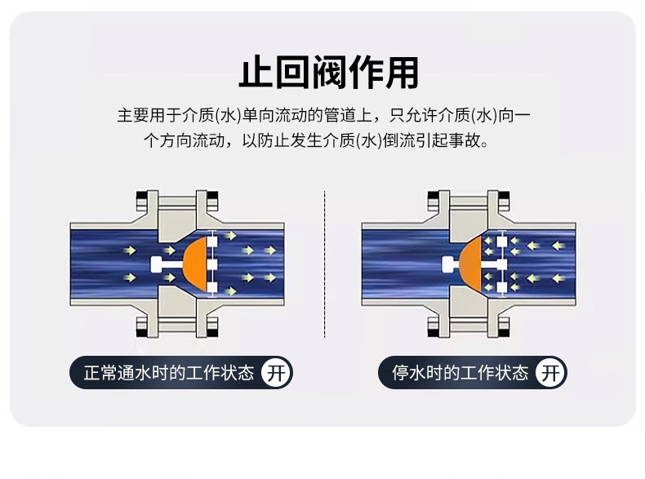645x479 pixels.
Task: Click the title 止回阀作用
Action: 329,73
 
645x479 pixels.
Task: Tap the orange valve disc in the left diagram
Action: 196,263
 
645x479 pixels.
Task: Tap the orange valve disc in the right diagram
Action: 471,262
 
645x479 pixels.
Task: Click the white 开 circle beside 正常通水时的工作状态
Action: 276,373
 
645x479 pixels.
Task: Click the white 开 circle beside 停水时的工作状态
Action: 550,373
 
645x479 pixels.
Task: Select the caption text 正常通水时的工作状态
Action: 169,373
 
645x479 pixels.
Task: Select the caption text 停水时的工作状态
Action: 460,373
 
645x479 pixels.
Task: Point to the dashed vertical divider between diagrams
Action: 325,264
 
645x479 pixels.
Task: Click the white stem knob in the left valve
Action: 157,264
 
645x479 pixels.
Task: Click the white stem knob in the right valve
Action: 448,264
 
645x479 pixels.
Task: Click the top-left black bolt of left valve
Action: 142,197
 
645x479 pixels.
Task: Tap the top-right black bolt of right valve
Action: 504,197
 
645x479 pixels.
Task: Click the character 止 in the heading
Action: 255,73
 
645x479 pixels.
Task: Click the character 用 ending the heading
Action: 403,73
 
